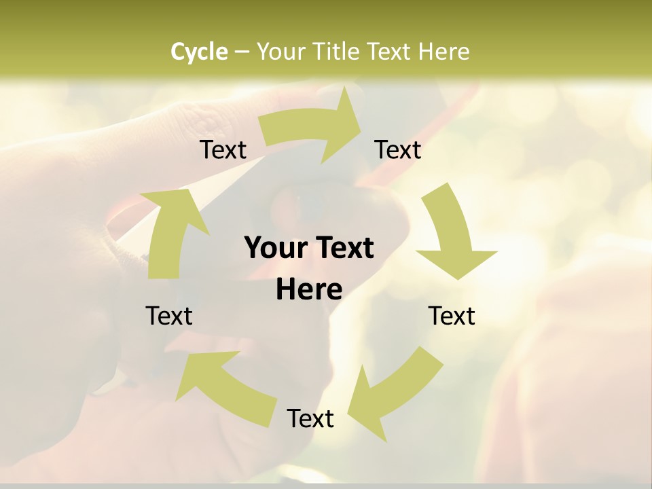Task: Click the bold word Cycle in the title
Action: pyautogui.click(x=199, y=52)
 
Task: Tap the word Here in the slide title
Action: pyautogui.click(x=443, y=52)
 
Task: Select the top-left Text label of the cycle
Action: pyautogui.click(x=223, y=149)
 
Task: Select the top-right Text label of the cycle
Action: pyautogui.click(x=398, y=149)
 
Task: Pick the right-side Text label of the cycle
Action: pyautogui.click(x=452, y=316)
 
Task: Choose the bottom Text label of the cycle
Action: pyautogui.click(x=310, y=418)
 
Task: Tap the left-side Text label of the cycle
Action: pyautogui.click(x=169, y=316)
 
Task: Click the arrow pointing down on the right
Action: pyautogui.click(x=452, y=231)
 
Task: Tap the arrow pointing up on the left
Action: pyautogui.click(x=170, y=231)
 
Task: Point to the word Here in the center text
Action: pyautogui.click(x=309, y=289)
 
